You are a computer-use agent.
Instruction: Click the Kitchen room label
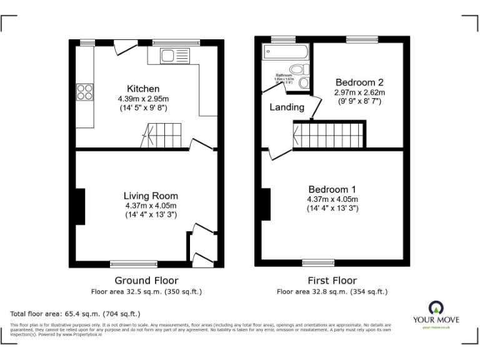click(143, 89)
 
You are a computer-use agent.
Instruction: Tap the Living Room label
click(150, 196)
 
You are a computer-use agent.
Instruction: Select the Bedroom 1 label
click(332, 189)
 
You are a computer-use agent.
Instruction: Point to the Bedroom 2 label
click(359, 82)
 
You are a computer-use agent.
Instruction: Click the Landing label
click(287, 107)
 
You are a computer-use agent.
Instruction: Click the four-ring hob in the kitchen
click(84, 92)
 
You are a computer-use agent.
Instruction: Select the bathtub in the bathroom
click(284, 52)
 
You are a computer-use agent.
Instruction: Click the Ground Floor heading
click(146, 281)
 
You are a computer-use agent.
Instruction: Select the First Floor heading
click(332, 281)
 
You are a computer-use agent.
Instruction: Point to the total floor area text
click(76, 313)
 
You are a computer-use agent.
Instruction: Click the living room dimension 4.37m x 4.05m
click(150, 206)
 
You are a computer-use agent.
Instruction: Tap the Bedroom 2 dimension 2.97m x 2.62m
click(359, 92)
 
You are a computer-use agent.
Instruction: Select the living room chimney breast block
click(79, 206)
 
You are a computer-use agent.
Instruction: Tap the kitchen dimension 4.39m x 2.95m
click(143, 99)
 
